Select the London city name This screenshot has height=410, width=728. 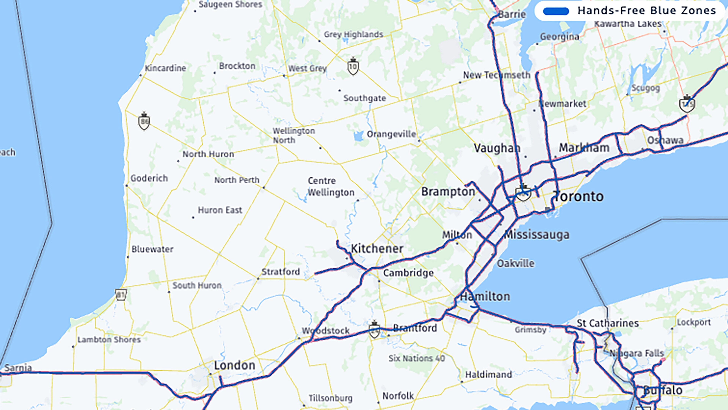click(x=235, y=365)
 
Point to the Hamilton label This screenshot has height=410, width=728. click(x=485, y=297)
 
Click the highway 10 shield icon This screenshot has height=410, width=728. click(x=353, y=67)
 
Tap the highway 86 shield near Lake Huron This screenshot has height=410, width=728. click(x=144, y=122)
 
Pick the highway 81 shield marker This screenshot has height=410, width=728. click(x=121, y=295)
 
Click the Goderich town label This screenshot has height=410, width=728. click(x=149, y=178)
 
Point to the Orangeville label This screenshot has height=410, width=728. click(x=391, y=134)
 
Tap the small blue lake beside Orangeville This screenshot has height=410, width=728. click(x=358, y=136)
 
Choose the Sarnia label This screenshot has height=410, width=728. click(x=18, y=368)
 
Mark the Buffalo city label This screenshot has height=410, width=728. click(x=663, y=390)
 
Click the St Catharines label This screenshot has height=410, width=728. click(x=608, y=323)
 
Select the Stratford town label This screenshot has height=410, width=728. click(x=280, y=272)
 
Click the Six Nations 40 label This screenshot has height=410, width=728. click(x=417, y=358)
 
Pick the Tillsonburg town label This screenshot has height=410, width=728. click(x=330, y=398)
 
